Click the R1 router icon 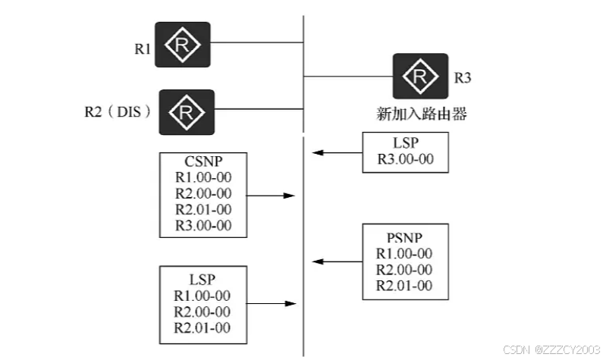tap(183, 45)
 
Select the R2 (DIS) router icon tap(186, 112)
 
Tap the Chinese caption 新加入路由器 tap(422, 114)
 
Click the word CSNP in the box tap(203, 161)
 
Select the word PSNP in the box tap(404, 236)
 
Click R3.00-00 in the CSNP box tap(203, 225)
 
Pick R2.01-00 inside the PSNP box tap(404, 285)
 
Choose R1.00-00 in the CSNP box tap(203, 177)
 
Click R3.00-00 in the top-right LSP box tap(406, 160)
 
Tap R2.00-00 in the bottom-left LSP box tap(203, 311)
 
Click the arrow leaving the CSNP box tap(270, 196)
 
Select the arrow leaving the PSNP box tap(338, 261)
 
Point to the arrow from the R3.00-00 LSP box tap(338, 153)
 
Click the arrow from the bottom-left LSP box tap(270, 304)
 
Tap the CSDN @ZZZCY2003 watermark tap(554, 349)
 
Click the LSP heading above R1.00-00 tap(203, 279)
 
